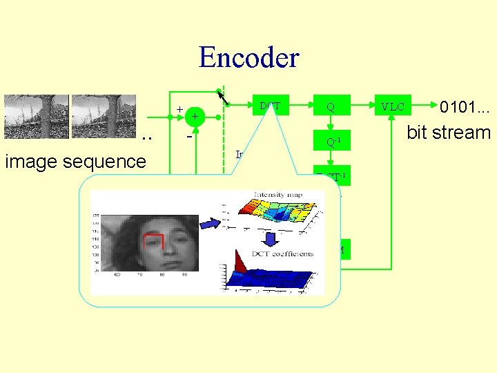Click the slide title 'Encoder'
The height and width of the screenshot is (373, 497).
tap(248, 57)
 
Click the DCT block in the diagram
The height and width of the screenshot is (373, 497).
tap(270, 105)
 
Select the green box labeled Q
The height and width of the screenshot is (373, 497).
tap(331, 106)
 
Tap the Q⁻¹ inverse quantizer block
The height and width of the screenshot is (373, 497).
tap(331, 142)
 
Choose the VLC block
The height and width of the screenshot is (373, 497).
tap(393, 106)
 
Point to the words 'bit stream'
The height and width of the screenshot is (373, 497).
tap(448, 132)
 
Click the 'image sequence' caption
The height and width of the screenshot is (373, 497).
tap(75, 162)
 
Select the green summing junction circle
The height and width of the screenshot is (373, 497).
tap(195, 117)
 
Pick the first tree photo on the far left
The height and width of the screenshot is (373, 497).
tap(36, 117)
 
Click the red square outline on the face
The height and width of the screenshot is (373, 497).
tap(153, 242)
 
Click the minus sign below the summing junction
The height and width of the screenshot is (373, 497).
tap(189, 136)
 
